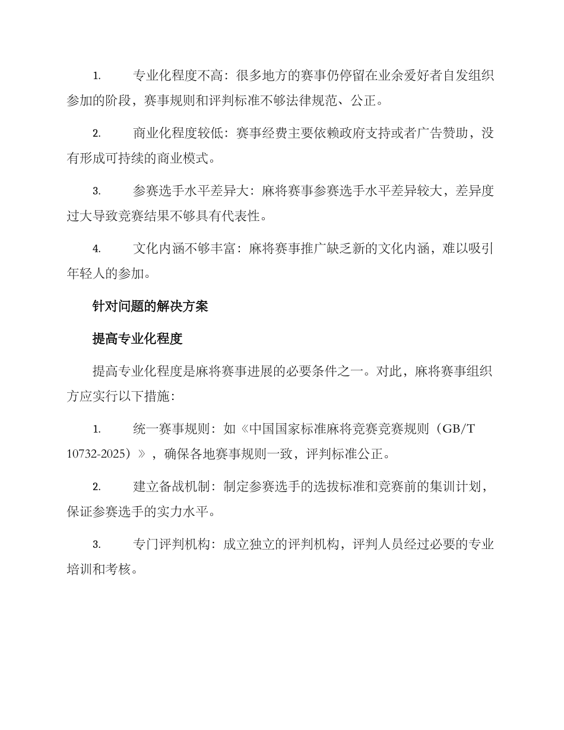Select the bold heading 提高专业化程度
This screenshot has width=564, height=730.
[x=137, y=338]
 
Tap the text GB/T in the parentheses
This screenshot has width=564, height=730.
[x=458, y=429]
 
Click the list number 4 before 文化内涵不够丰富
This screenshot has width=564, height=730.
[x=96, y=249]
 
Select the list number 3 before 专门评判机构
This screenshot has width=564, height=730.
[x=96, y=545]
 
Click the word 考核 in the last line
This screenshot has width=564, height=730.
[x=121, y=570]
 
